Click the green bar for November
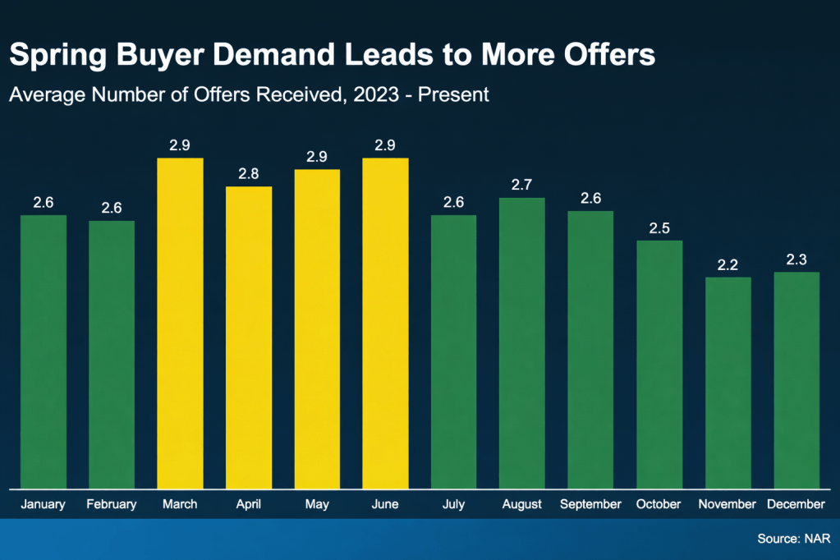(728, 383)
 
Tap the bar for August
(522, 343)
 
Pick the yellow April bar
(249, 337)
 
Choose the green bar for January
(44, 351)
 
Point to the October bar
(659, 365)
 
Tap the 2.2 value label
(728, 264)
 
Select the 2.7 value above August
(522, 185)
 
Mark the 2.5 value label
(659, 227)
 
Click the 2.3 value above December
(796, 259)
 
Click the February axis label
(112, 504)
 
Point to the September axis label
(590, 504)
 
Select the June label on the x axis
(385, 504)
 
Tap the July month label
(453, 504)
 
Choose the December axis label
(796, 504)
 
